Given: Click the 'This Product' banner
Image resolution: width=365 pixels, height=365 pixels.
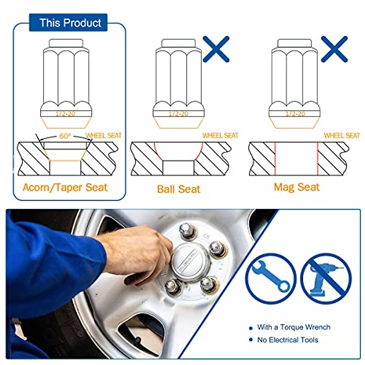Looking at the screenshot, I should [68, 23].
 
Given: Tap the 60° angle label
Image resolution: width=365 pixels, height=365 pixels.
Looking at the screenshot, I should [64, 136].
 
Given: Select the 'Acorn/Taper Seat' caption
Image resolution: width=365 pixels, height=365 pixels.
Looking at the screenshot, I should [65, 187].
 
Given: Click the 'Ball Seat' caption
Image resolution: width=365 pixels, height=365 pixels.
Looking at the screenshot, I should [179, 189].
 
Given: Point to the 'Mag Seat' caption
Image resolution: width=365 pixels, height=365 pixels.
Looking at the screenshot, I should [297, 187].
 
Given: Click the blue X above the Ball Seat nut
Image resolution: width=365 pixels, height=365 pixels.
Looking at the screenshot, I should [216, 49].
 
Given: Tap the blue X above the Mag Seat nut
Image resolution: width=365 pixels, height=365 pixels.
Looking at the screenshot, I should [334, 49].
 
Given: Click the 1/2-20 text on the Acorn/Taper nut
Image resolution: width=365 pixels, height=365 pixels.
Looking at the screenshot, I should [65, 114].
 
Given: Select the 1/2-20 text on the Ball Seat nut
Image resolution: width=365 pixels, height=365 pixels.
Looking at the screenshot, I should [179, 114].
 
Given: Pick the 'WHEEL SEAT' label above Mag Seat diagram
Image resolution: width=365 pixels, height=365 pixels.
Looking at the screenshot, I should [342, 135].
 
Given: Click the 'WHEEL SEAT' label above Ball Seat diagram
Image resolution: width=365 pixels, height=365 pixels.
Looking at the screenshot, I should [220, 135].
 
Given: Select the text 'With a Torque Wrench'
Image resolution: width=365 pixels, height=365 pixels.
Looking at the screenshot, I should [294, 327].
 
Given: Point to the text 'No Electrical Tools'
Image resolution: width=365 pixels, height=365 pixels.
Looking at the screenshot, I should [287, 340].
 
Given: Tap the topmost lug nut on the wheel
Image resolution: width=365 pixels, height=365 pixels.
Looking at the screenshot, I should [186, 230].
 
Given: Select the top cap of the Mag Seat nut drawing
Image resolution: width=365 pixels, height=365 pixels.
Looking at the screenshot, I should [294, 43].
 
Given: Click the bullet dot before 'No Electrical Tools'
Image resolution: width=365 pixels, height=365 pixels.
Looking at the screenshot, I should [251, 340].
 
